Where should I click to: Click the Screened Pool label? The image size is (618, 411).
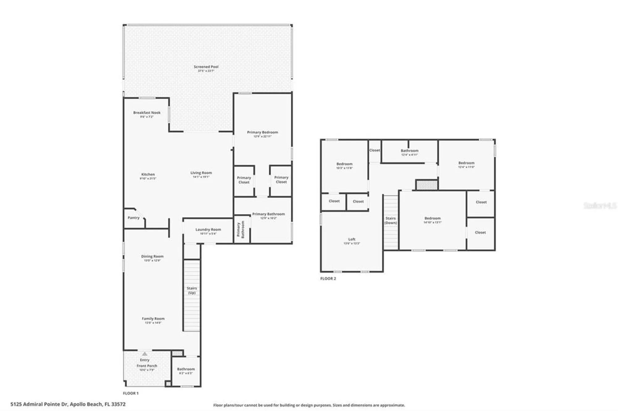(x=206, y=67)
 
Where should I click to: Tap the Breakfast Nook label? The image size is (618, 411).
(x=147, y=113)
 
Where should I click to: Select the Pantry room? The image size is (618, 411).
(x=133, y=218)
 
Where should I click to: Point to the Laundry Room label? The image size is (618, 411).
(x=208, y=230)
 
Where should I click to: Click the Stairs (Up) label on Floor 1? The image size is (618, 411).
(x=192, y=290)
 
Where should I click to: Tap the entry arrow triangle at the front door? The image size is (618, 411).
(x=145, y=354)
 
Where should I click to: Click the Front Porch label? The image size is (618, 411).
(x=147, y=366)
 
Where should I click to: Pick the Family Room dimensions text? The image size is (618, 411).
(x=153, y=323)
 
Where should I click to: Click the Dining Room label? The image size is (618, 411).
(x=152, y=256)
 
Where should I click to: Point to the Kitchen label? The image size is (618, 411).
(x=148, y=174)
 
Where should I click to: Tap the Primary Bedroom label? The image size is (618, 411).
(x=262, y=132)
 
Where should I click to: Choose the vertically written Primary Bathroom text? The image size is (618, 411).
(x=240, y=230)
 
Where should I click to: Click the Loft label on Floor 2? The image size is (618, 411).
(x=352, y=239)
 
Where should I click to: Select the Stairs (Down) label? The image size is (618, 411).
(x=391, y=220)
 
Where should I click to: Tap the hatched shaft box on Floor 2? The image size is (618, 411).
(x=426, y=185)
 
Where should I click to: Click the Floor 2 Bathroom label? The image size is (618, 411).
(x=409, y=151)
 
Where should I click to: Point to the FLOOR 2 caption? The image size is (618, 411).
(x=328, y=279)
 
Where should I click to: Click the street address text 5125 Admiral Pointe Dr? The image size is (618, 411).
(x=39, y=404)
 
